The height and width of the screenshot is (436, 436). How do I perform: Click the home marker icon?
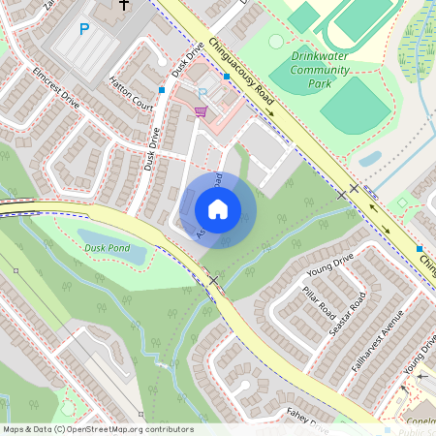point(218,208)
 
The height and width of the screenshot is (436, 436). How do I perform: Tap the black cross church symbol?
point(124,5)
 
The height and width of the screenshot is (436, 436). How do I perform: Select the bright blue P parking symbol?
point(83,30)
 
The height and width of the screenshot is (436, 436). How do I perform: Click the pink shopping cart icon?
point(200,111)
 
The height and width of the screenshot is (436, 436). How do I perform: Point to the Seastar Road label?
point(349,307)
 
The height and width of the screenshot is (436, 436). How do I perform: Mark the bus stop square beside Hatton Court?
point(162,90)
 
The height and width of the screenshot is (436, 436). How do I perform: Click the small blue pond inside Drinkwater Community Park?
point(370,159)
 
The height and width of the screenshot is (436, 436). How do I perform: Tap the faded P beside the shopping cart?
point(202,94)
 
